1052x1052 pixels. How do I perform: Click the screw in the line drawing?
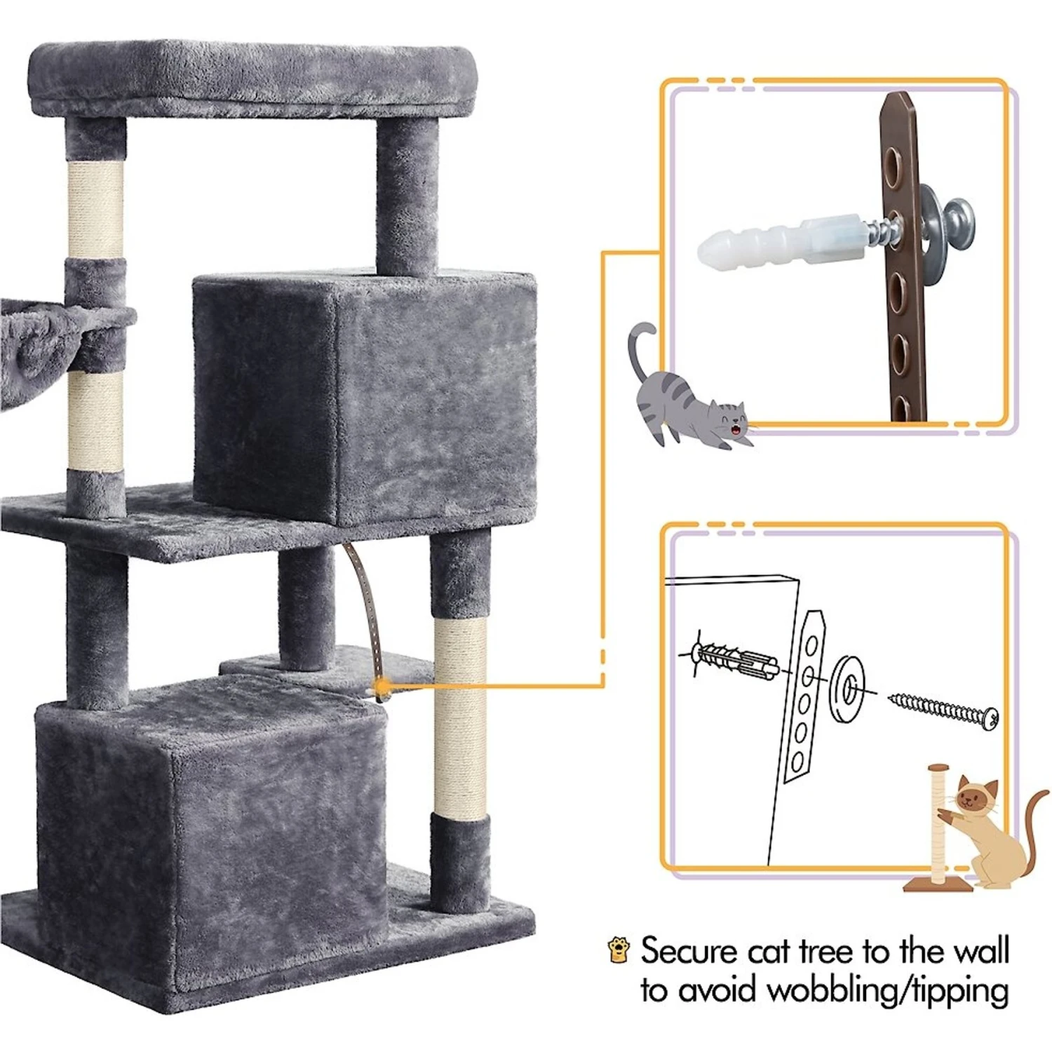(x=944, y=710)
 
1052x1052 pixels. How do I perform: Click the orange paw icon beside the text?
(x=618, y=949)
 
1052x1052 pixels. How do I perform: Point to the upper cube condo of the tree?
(x=365, y=396)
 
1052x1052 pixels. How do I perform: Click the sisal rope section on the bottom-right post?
(x=460, y=719)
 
